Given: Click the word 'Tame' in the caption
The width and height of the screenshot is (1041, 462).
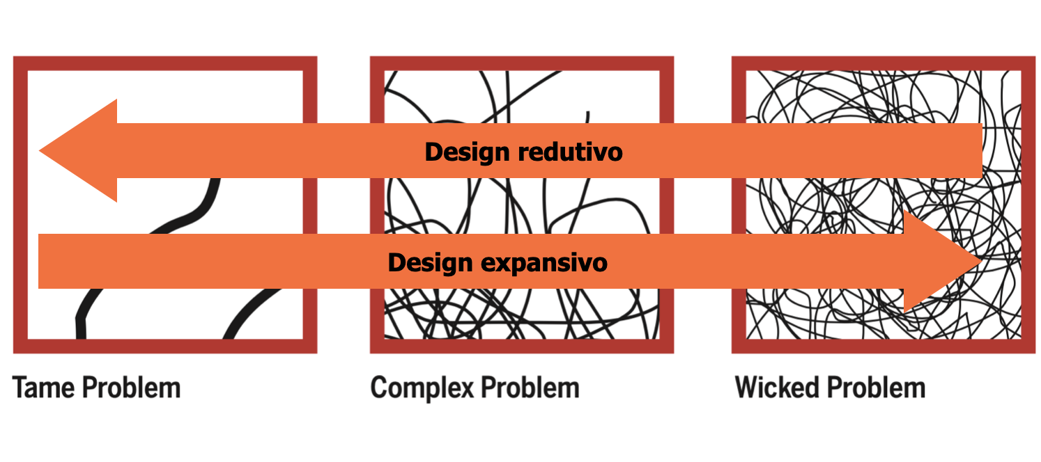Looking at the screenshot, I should pyautogui.click(x=44, y=388).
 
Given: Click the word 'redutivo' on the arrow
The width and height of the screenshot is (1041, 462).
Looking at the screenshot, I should pyautogui.click(x=570, y=152).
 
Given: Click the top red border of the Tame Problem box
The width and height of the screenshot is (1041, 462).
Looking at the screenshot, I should pyautogui.click(x=165, y=63).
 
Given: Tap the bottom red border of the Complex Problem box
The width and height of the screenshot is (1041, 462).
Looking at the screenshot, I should pyautogui.click(x=521, y=346).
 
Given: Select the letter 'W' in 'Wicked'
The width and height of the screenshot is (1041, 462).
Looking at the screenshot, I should pyautogui.click(x=749, y=388).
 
